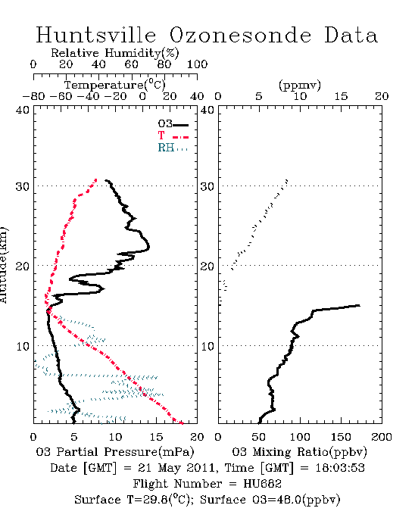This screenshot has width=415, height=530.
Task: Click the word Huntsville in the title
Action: pos(96,35)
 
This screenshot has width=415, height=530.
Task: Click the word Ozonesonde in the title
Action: pos(239,35)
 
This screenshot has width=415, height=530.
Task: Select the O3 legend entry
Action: pos(173,124)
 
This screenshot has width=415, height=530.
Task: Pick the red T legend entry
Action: pos(173,136)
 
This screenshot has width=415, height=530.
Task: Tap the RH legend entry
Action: pos(173,148)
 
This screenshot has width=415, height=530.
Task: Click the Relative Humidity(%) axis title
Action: pos(115,53)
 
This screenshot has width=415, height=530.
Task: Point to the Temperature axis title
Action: pos(115,85)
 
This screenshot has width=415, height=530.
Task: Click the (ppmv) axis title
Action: pos(300,85)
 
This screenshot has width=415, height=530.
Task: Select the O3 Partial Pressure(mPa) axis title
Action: pos(115,452)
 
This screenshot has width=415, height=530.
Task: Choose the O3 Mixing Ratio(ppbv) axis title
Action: pos(299,452)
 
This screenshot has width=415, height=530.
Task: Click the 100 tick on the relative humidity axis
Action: pos(197,64)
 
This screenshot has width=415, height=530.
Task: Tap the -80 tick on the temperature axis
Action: pos(33,96)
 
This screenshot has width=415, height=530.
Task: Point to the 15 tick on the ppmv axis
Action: pos(341,96)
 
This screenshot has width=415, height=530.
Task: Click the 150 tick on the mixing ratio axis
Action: pos(341,437)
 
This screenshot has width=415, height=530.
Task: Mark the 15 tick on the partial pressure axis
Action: pos(156,437)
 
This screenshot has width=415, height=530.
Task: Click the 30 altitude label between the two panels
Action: pos(207,186)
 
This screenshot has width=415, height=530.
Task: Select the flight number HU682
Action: pos(262,484)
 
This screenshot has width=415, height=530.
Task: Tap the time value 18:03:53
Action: pos(340,468)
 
